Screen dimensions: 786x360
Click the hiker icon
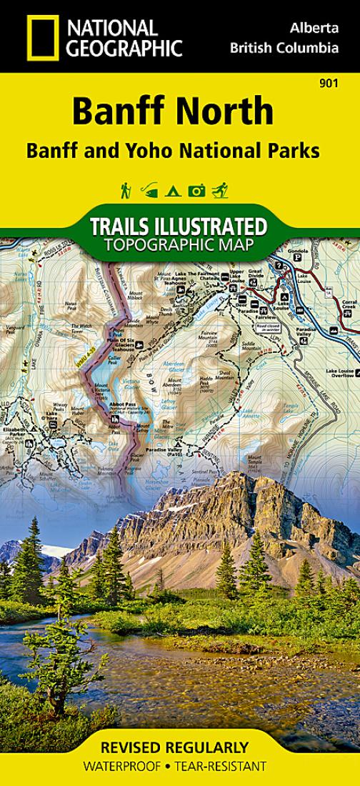126,191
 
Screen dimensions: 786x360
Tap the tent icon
171,191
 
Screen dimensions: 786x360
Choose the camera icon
196,191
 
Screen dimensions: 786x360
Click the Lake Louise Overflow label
341,372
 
